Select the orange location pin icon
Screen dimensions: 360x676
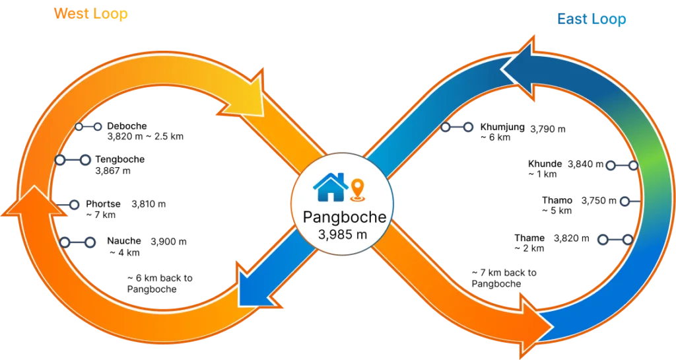point(357,188)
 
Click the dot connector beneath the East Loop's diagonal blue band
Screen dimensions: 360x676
point(457,127)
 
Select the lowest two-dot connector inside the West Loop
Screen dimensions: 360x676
point(77,242)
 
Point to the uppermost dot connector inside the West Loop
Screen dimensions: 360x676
point(88,126)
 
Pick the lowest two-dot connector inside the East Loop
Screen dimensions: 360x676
point(615,240)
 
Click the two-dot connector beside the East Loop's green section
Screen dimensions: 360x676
point(621,165)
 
